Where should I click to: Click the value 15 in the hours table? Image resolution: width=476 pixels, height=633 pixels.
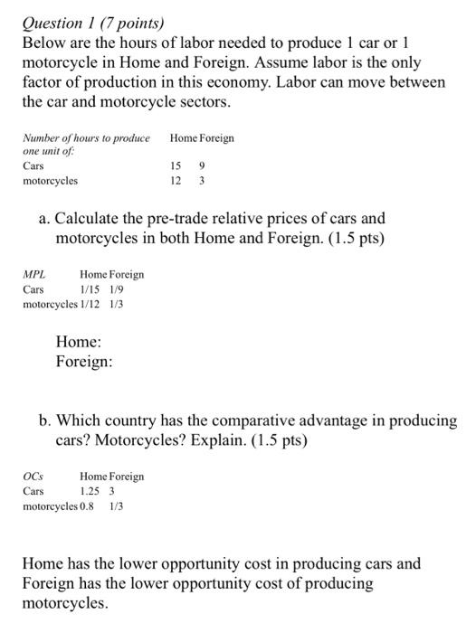(x=176, y=166)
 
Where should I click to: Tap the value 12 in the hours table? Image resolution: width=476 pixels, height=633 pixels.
(x=176, y=181)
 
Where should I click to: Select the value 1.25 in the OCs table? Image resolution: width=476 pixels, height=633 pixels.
(x=89, y=491)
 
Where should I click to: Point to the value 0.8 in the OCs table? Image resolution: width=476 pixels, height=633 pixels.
(x=87, y=506)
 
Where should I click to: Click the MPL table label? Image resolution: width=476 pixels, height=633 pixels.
(x=33, y=274)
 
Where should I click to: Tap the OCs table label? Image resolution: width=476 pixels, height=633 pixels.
(x=33, y=477)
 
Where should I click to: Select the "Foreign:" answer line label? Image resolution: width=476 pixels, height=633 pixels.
(x=84, y=362)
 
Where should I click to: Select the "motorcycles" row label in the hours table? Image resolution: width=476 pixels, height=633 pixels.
(x=51, y=181)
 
